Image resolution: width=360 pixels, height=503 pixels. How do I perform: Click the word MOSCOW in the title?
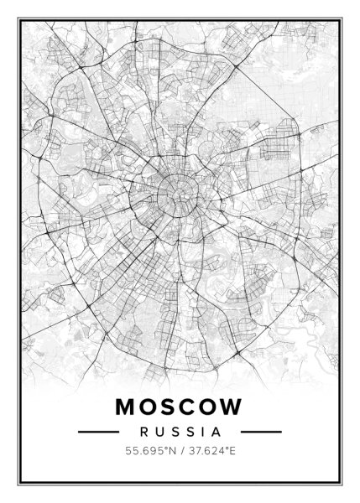(179, 407)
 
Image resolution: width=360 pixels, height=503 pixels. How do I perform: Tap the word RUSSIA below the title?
(180, 433)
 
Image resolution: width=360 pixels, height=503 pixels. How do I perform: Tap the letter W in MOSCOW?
(232, 407)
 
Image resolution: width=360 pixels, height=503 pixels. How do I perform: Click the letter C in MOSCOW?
(186, 407)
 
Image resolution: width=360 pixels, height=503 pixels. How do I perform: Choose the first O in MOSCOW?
(145, 407)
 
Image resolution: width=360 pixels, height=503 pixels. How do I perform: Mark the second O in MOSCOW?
(208, 407)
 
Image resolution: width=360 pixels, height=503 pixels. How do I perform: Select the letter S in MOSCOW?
(166, 407)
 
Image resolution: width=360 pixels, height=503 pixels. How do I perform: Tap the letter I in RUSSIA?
(201, 433)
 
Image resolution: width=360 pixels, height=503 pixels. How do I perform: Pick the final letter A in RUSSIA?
(215, 433)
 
